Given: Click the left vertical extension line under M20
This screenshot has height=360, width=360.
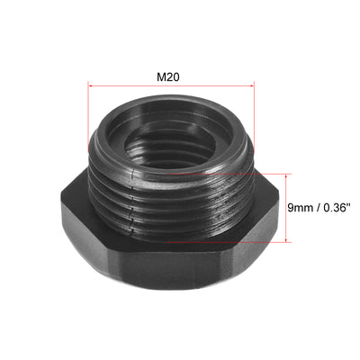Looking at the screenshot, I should [x=88, y=112].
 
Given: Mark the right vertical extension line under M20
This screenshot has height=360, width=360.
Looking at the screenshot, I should [x=255, y=112].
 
